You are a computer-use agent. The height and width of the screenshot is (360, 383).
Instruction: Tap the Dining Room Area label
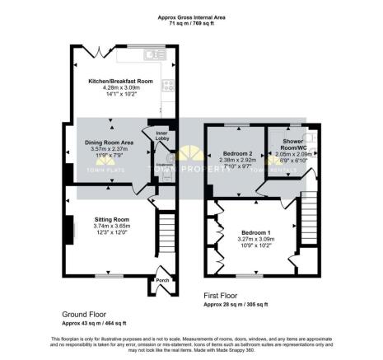point(105,143)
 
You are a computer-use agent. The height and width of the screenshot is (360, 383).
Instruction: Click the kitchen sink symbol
point(153,55)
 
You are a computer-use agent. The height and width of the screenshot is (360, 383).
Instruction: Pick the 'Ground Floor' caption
point(84,314)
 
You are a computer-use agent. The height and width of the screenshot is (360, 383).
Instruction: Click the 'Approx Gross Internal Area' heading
point(192,16)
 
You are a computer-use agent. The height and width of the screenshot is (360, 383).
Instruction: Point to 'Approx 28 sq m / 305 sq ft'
point(236,304)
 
